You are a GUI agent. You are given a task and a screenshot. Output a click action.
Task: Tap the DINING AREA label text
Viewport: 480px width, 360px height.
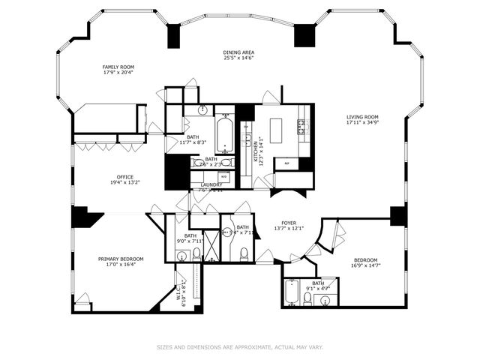238,52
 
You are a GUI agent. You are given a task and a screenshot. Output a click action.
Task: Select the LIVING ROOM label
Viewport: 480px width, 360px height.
361,116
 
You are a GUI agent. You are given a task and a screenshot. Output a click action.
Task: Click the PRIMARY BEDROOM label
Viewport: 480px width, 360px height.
120,259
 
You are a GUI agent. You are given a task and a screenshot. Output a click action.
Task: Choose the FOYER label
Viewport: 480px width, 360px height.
289,223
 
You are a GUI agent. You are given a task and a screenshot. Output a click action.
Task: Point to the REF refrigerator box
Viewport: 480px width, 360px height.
286,163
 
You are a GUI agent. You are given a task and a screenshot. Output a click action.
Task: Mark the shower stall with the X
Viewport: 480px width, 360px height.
211,244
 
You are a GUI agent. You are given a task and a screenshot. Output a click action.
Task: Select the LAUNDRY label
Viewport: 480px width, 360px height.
211,184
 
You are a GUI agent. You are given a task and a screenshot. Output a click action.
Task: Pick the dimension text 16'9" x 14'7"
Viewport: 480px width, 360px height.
366,265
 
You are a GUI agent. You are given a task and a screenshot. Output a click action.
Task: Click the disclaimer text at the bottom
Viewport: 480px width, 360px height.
239,346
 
